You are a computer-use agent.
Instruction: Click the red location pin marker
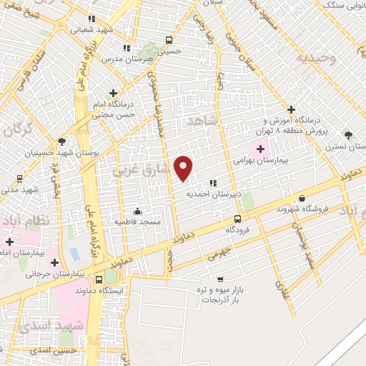[184, 167]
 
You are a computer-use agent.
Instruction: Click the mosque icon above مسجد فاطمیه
[137, 211]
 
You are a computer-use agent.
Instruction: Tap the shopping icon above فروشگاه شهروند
[302, 198]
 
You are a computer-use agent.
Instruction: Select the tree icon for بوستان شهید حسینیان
[62, 142]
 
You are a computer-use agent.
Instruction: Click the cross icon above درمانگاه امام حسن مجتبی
[112, 93]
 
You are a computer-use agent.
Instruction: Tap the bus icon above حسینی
[169, 40]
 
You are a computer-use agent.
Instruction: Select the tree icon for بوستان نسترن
[348, 134]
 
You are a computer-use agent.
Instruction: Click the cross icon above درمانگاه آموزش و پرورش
[290, 109]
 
